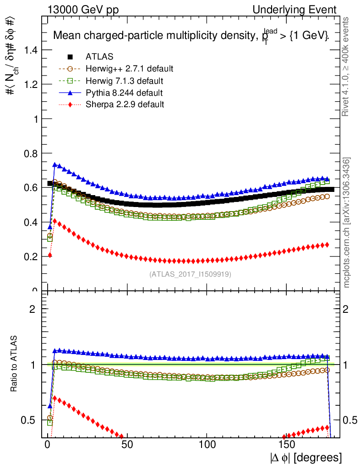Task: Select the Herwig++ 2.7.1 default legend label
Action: click(129, 69)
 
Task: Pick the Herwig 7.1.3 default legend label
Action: click(125, 81)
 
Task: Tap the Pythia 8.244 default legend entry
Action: click(124, 93)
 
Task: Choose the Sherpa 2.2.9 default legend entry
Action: click(125, 104)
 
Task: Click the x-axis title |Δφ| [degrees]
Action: click(305, 458)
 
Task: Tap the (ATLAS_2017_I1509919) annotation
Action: click(190, 274)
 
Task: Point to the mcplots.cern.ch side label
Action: click(347, 223)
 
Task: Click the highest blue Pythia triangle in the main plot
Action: click(55, 164)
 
